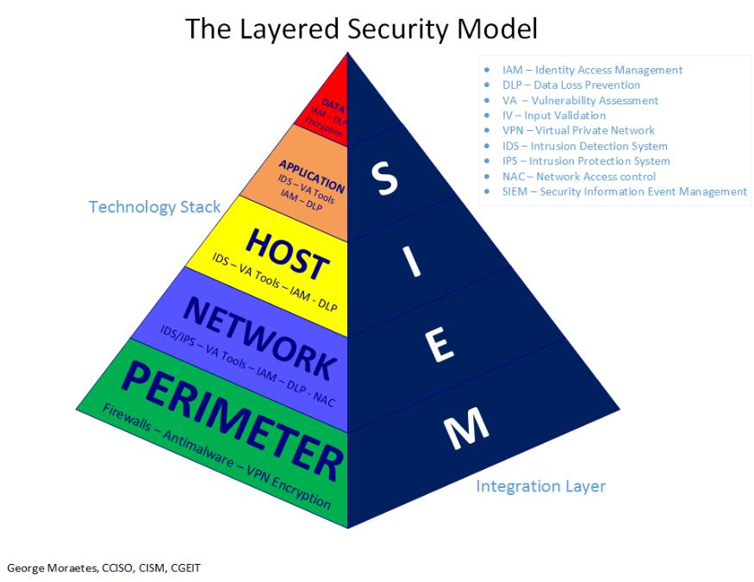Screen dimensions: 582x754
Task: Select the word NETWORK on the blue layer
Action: [259, 336]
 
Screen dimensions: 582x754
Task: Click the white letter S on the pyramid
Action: [387, 176]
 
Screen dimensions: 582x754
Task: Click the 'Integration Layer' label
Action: [540, 486]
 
